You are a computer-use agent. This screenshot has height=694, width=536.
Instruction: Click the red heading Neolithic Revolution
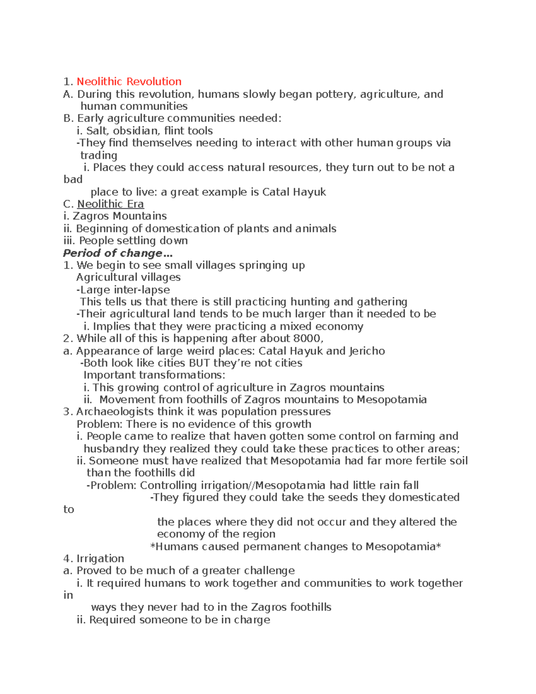coord(129,82)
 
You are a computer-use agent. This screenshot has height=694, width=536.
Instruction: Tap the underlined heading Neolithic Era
coord(110,204)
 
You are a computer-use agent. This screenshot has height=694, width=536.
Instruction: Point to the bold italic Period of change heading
coord(117,253)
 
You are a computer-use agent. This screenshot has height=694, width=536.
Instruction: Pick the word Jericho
coord(367,351)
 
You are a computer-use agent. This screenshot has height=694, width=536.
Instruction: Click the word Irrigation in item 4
coord(100,559)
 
